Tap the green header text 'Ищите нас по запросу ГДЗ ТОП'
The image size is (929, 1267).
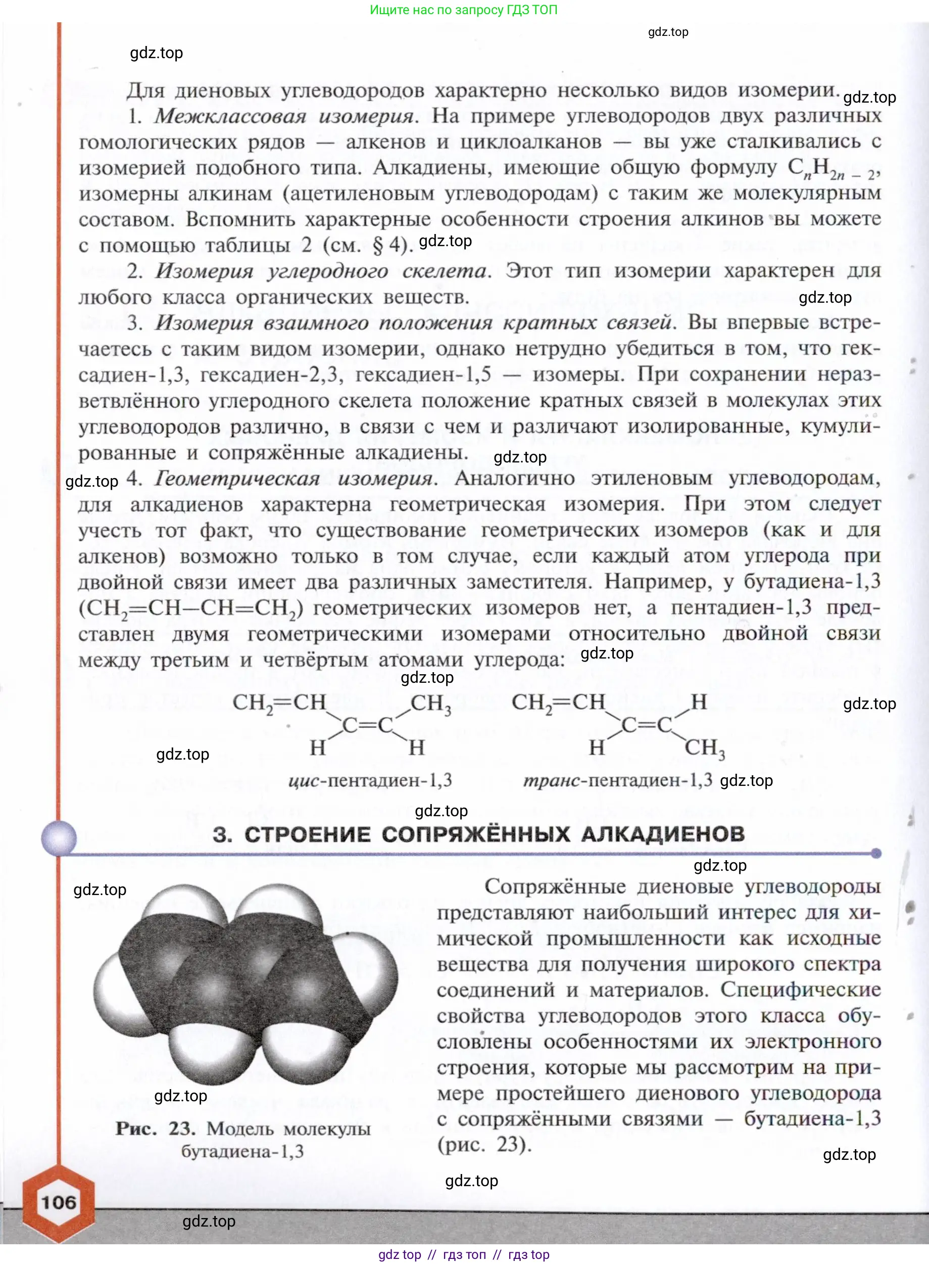click(463, 10)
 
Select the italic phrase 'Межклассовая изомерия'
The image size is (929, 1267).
click(284, 116)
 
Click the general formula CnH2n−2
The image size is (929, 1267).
click(833, 168)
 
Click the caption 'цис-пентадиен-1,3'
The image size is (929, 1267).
click(370, 780)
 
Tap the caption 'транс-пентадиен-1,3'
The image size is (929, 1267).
click(617, 780)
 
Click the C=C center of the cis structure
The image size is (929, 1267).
click(368, 726)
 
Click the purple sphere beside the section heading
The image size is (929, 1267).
click(59, 838)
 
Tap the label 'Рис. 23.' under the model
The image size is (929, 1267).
click(156, 1129)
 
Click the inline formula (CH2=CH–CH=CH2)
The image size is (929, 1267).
click(190, 609)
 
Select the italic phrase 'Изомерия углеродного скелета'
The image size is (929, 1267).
click(321, 271)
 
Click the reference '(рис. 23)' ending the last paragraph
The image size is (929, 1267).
click(484, 1145)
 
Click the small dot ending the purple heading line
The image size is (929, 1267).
click(875, 854)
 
